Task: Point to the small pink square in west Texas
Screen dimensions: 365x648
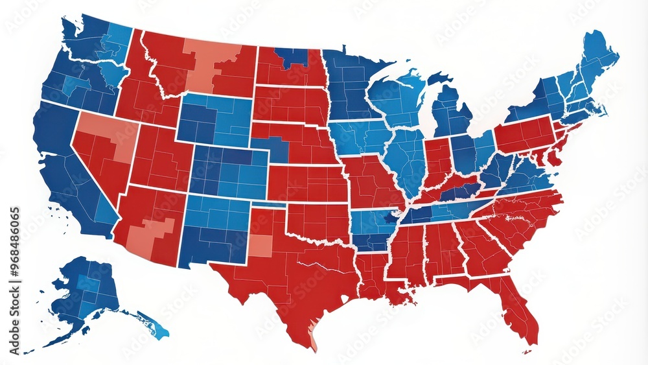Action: pyautogui.click(x=260, y=245)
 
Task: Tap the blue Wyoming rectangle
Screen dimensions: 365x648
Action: pyautogui.click(x=214, y=118)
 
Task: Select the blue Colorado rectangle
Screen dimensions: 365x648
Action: pyautogui.click(x=228, y=171)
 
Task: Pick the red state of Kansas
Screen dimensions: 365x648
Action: pyautogui.click(x=307, y=183)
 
